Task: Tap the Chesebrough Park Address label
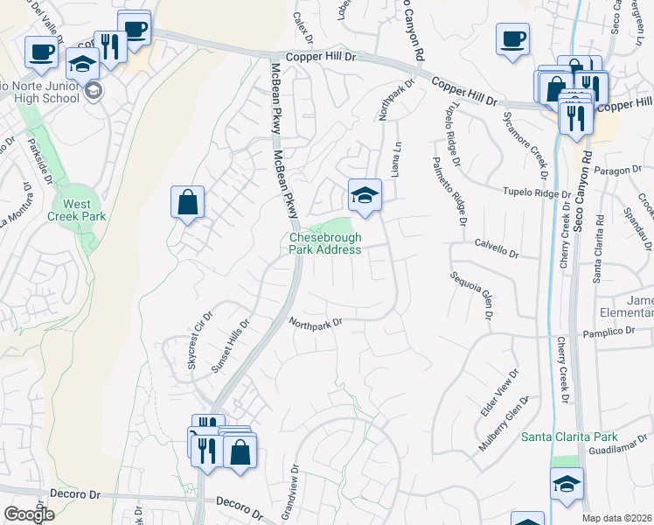pos(324,243)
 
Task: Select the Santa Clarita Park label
pos(581,437)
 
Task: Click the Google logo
pos(29,514)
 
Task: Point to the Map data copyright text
pos(617,518)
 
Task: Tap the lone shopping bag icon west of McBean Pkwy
pos(188,202)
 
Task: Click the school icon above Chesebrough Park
pos(365,195)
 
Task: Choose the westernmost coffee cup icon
pos(41,52)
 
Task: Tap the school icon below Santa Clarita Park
pos(567,484)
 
